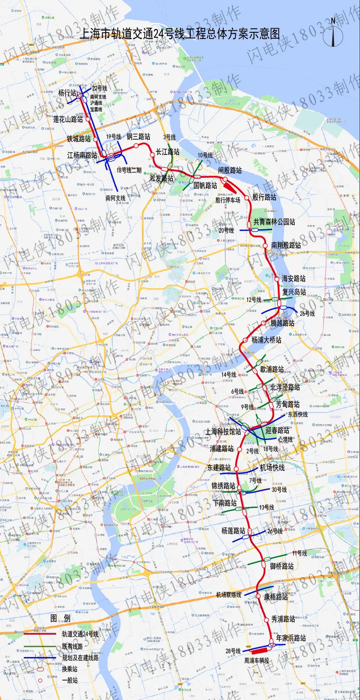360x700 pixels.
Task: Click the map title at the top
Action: [180, 34]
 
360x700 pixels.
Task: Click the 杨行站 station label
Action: [67, 93]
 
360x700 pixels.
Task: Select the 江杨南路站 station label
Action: [82, 155]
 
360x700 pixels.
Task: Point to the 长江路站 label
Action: [167, 152]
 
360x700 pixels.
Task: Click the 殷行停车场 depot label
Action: [228, 200]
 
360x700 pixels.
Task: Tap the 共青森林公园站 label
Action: [274, 222]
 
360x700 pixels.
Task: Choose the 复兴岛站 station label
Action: [294, 292]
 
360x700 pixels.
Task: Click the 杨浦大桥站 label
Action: [266, 340]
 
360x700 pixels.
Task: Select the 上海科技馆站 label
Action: [223, 432]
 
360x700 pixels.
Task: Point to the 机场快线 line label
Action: [272, 468]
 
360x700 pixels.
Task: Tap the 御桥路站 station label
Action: [282, 566]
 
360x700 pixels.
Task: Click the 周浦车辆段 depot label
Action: [257, 661]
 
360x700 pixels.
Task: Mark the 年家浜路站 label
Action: [291, 638]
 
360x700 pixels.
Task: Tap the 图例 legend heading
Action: [60, 618]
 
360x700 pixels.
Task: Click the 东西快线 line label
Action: [298, 414]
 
